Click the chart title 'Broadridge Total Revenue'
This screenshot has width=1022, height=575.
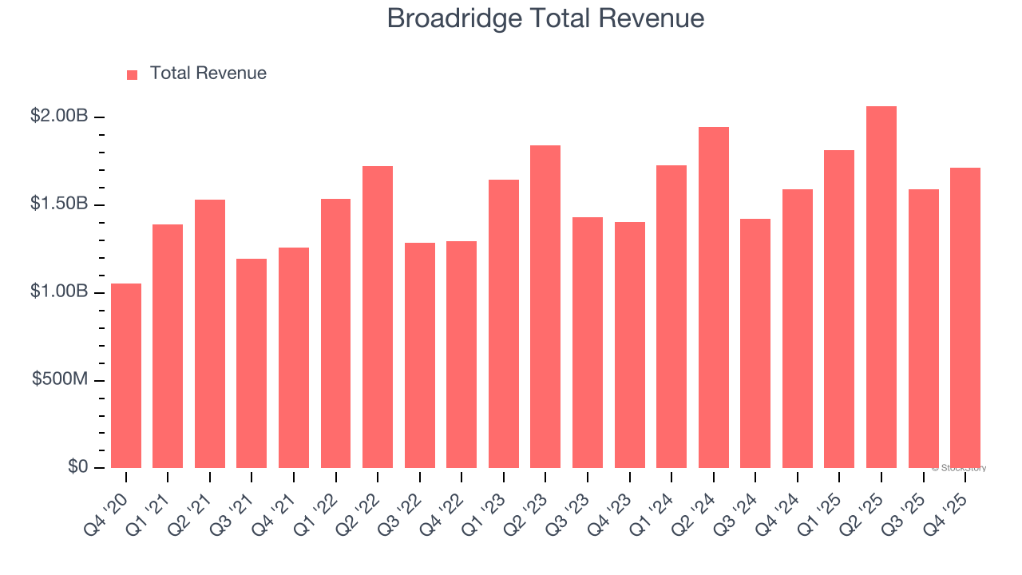tap(545, 18)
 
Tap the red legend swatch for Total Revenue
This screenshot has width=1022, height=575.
tap(133, 74)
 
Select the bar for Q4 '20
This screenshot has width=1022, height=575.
tap(126, 375)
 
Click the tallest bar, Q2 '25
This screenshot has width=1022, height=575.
tap(881, 287)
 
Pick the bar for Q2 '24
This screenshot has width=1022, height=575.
tap(714, 297)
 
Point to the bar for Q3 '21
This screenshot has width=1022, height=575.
tap(252, 363)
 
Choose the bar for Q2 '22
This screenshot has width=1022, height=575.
tap(378, 317)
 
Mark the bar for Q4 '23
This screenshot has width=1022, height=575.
tap(630, 345)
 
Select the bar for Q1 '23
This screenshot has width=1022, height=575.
tap(504, 323)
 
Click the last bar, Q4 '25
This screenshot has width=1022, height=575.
tap(965, 318)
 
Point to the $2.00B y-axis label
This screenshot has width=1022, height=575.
tap(59, 117)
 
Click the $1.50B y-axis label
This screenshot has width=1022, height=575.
tap(59, 204)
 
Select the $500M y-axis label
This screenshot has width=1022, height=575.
tap(60, 379)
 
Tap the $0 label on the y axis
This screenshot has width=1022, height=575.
tap(77, 467)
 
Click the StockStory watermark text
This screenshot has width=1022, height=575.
tap(959, 468)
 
